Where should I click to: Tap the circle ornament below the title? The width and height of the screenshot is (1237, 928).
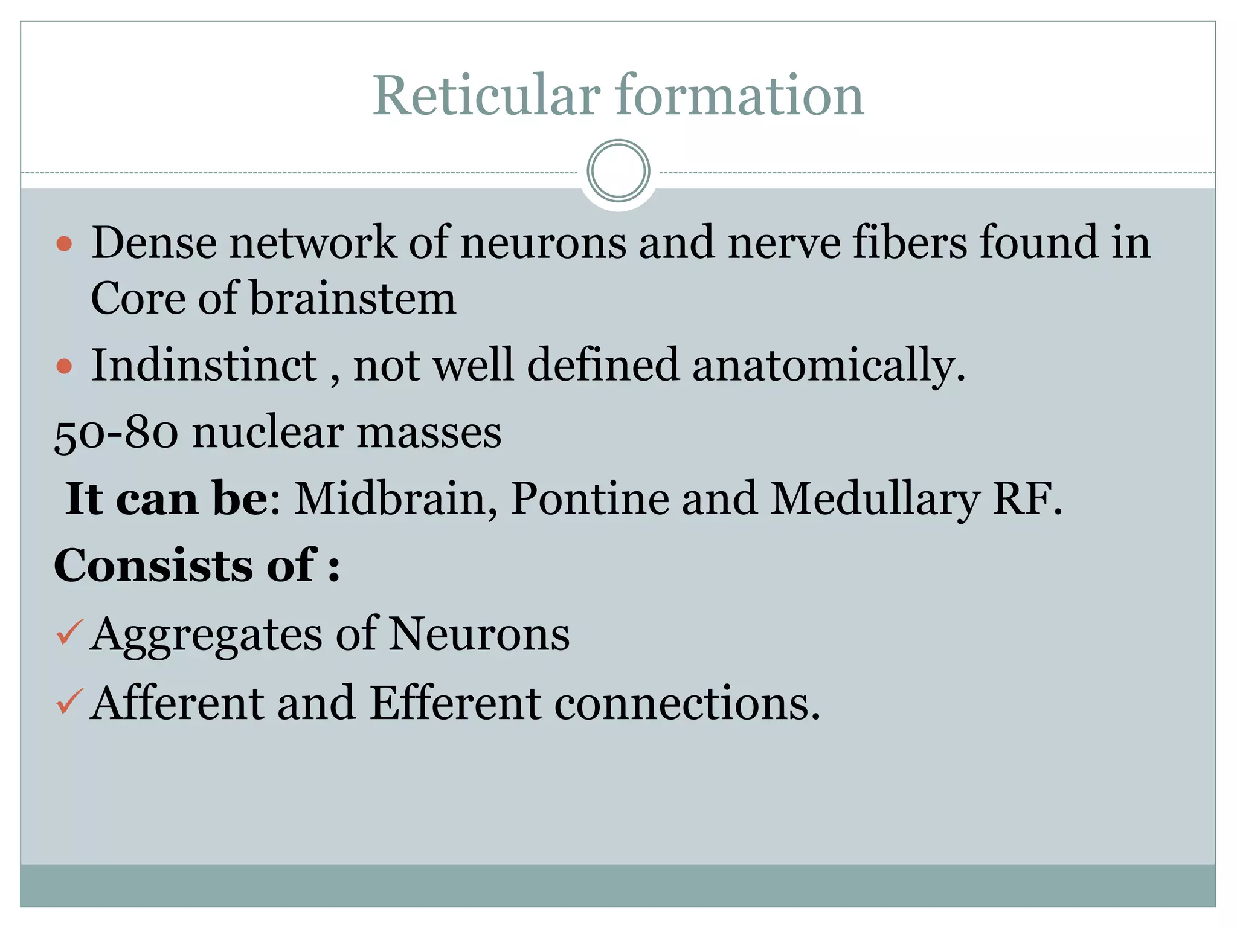(x=618, y=171)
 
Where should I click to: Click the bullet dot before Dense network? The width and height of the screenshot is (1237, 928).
(x=64, y=243)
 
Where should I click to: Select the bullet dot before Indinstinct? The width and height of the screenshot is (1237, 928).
(x=64, y=366)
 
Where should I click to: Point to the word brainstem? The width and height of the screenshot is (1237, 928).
(x=353, y=298)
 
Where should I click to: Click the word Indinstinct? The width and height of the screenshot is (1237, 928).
(x=204, y=365)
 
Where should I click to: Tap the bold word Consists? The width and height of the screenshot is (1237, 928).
(x=154, y=565)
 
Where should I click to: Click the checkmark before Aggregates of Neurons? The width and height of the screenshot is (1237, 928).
(x=69, y=633)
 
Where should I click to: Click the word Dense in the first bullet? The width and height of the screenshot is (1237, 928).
(x=154, y=242)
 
